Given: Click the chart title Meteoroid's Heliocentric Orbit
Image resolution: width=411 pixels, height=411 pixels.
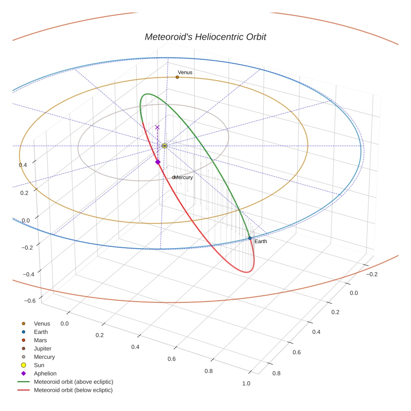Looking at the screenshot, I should click(205, 37).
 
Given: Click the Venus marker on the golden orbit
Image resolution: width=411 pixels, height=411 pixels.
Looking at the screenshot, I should click(177, 77).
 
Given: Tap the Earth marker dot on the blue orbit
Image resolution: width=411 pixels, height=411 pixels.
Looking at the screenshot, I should click(250, 238).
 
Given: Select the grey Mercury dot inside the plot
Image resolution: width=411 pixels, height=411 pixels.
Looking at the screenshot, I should click(173, 178).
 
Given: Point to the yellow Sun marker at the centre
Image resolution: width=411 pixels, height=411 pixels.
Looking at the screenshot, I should click(165, 146).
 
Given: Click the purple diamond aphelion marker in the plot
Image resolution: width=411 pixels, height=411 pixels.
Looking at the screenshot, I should click(158, 162).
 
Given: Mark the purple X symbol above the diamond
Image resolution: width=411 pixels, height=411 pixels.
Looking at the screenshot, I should click(157, 127).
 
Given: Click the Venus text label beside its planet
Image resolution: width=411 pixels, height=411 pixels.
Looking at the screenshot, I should click(185, 72).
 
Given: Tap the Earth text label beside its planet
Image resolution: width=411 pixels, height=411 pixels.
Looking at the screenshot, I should click(261, 241).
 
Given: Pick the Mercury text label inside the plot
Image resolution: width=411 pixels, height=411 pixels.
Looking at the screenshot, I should click(183, 178).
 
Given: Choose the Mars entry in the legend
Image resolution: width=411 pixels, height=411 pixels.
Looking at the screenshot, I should click(41, 340).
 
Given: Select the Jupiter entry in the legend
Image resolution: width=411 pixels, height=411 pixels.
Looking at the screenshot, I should click(43, 349).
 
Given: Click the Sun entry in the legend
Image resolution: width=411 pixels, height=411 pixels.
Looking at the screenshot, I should click(39, 365).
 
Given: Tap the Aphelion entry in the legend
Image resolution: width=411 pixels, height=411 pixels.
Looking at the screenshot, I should click(45, 374).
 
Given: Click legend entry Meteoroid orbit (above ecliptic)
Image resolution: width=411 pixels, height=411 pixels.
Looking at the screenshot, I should click(74, 382).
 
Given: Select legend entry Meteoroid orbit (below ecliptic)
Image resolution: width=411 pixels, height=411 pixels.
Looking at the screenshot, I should click(73, 390).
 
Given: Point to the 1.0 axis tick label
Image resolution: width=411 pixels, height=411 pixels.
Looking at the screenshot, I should click(246, 384).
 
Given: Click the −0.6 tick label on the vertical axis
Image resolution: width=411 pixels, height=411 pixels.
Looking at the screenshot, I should click(29, 301).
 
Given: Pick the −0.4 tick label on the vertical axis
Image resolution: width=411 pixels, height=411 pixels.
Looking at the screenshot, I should click(28, 274).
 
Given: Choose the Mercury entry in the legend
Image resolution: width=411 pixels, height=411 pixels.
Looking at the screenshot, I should click(44, 357).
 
